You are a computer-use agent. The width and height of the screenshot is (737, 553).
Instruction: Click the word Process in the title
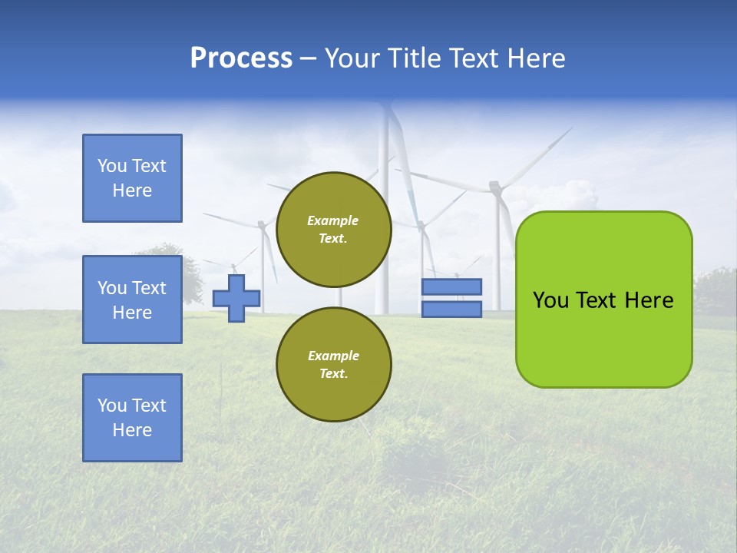coord(241,58)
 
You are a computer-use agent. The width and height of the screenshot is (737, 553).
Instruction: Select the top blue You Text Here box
coord(132,178)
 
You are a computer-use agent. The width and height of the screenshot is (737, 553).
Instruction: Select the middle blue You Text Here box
coord(132,300)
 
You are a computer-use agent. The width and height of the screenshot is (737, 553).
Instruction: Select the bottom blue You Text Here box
coord(132,418)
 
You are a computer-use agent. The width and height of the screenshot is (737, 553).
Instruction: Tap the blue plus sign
coord(236,298)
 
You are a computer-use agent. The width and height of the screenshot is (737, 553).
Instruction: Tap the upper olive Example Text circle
coord(334,230)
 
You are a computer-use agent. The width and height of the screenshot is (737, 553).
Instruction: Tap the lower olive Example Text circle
coord(334,365)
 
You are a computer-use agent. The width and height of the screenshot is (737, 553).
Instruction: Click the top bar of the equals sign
coord(451,286)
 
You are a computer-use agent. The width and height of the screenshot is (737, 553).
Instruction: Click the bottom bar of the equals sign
coord(451,310)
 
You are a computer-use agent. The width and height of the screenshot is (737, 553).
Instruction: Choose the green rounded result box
coord(603,338)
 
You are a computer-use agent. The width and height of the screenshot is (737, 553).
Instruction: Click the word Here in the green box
coord(649,300)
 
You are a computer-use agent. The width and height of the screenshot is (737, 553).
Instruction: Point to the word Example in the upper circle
coord(333,220)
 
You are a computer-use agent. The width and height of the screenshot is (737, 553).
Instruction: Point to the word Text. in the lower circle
coord(333,374)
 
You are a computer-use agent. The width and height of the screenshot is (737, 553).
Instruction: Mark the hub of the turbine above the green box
coord(495,187)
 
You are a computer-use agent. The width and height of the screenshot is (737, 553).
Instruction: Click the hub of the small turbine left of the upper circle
coord(262,225)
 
